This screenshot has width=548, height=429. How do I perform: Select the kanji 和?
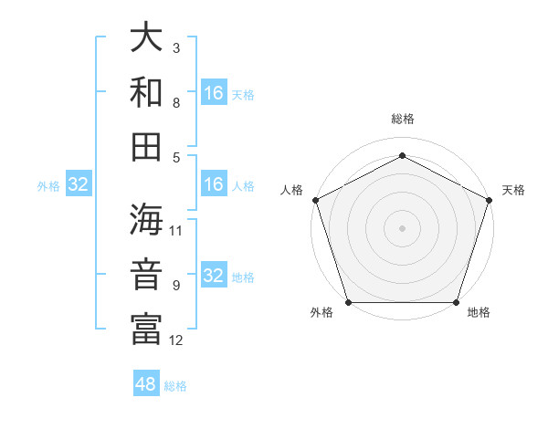coord(146,93)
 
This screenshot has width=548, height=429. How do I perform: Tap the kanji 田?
coord(146,147)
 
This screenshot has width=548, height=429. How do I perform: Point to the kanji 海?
coord(146,221)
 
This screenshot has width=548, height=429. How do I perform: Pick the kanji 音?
coord(146,275)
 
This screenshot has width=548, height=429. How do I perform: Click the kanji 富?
coord(146,329)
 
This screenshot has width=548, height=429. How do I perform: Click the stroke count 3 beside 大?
coord(176,47)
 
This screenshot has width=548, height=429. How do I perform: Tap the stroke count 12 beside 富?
coord(176,340)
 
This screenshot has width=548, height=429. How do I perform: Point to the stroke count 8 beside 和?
coord(176,102)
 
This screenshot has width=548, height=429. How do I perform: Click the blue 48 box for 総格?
coord(146,384)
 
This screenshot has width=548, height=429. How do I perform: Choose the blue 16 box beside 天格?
coord(214,93)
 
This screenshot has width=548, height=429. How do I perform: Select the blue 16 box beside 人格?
coord(214,184)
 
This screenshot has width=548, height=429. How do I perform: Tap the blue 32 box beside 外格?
coord(79,184)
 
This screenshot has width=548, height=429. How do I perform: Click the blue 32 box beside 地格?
coord(214,276)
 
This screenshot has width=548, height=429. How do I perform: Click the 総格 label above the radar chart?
coord(402,119)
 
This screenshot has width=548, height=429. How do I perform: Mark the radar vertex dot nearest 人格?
coord(314,199)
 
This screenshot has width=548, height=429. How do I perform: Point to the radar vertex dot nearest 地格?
coord(457,302)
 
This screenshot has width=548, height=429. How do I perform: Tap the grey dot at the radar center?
coord(402,227)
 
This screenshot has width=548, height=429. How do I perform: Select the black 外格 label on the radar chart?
coord(321,313)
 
